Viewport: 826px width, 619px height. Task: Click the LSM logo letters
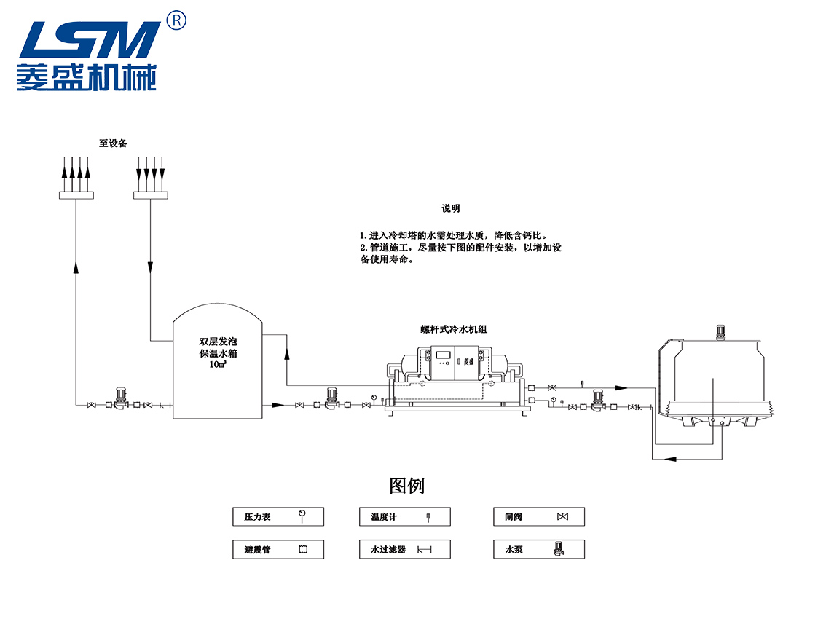[x=87, y=40]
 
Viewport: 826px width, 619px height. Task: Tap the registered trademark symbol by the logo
[x=176, y=20]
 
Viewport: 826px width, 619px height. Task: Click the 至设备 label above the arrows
[x=113, y=143]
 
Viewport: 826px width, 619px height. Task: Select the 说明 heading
[x=451, y=208]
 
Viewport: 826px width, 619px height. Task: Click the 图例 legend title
[x=407, y=485]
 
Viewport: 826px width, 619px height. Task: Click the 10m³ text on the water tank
[x=216, y=364]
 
